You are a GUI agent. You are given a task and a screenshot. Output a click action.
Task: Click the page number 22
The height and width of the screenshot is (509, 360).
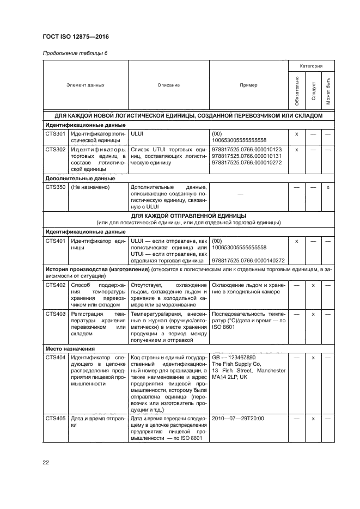tap(45, 462)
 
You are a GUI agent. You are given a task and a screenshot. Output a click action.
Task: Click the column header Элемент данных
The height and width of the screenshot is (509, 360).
tap(85, 85)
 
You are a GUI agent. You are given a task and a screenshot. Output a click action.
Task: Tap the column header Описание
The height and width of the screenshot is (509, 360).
tap(168, 85)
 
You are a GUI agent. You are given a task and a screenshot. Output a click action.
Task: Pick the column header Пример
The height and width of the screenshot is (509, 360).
tap(249, 85)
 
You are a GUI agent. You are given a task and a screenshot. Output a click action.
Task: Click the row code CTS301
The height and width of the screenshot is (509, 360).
tap(55, 133)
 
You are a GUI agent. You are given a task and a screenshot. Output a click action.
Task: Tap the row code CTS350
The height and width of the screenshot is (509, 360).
tap(55, 187)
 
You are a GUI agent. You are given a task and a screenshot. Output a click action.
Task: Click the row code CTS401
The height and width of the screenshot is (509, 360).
tap(55, 240)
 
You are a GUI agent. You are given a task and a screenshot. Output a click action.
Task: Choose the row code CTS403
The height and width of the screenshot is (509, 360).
tap(55, 314)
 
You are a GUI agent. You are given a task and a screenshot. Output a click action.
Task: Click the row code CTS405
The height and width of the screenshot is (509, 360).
tap(55, 419)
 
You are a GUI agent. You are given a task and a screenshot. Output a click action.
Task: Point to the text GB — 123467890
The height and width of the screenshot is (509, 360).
tap(234, 357)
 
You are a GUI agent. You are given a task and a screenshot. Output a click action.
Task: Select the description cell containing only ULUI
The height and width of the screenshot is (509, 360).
tap(137, 133)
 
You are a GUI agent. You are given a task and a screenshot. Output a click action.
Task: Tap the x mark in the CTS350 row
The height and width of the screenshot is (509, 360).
tap(328, 187)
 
